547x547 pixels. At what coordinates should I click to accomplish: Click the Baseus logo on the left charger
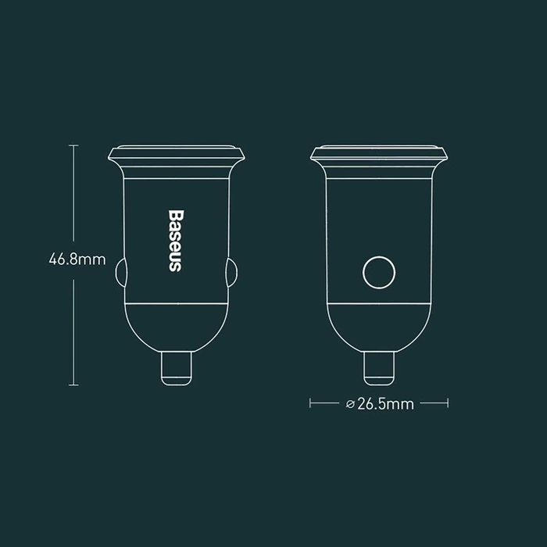[x=174, y=241]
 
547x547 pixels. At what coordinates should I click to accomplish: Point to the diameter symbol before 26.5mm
[x=348, y=404]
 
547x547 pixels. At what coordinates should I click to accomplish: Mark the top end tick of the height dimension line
[x=74, y=145]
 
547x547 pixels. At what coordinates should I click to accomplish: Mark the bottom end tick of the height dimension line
[x=74, y=384]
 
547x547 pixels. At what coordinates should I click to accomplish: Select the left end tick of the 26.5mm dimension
[x=311, y=404]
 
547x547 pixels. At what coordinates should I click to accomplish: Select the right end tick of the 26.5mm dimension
[x=447, y=404]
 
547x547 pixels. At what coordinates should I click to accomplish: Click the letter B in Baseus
[x=174, y=215]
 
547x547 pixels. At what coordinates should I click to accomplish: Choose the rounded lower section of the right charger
[x=379, y=324]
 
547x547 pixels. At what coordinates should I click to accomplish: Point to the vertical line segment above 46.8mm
[x=74, y=195]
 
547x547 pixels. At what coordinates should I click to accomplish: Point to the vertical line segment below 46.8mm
[x=74, y=328]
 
